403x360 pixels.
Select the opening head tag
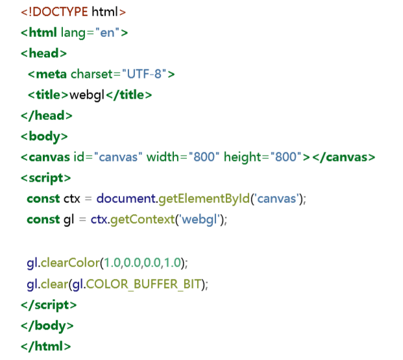pyautogui.click(x=43, y=53)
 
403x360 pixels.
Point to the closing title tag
pyautogui.click(x=128, y=95)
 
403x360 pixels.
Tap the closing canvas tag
pyautogui.click(x=343, y=158)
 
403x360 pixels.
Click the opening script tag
pyautogui.click(x=45, y=178)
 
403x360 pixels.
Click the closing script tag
pyautogui.click(x=49, y=304)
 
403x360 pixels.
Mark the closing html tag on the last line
pyautogui.click(x=45, y=346)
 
